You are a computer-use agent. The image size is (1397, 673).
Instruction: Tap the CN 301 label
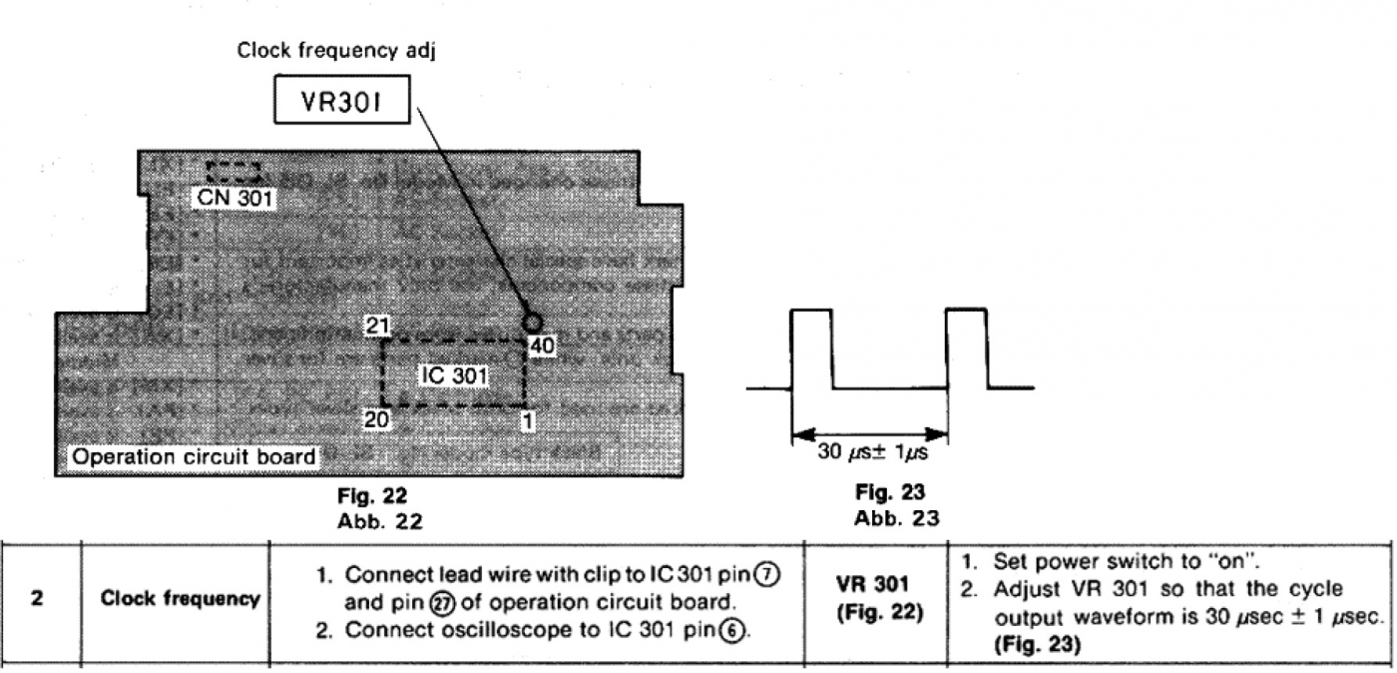[232, 199]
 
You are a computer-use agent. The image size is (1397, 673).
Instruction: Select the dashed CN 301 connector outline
[233, 170]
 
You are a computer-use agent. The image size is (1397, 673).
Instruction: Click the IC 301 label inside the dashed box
[452, 375]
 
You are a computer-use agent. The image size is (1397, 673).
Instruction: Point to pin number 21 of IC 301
[377, 326]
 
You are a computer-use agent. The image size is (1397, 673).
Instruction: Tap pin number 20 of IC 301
[376, 420]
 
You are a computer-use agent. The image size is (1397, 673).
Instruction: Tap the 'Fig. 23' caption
[891, 492]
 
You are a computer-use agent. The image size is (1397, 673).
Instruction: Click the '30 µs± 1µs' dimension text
[869, 450]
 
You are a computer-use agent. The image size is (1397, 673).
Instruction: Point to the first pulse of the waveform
[811, 349]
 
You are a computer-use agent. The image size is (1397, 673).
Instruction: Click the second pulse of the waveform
[966, 349]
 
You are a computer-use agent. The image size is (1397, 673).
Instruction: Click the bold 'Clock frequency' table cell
[180, 600]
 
